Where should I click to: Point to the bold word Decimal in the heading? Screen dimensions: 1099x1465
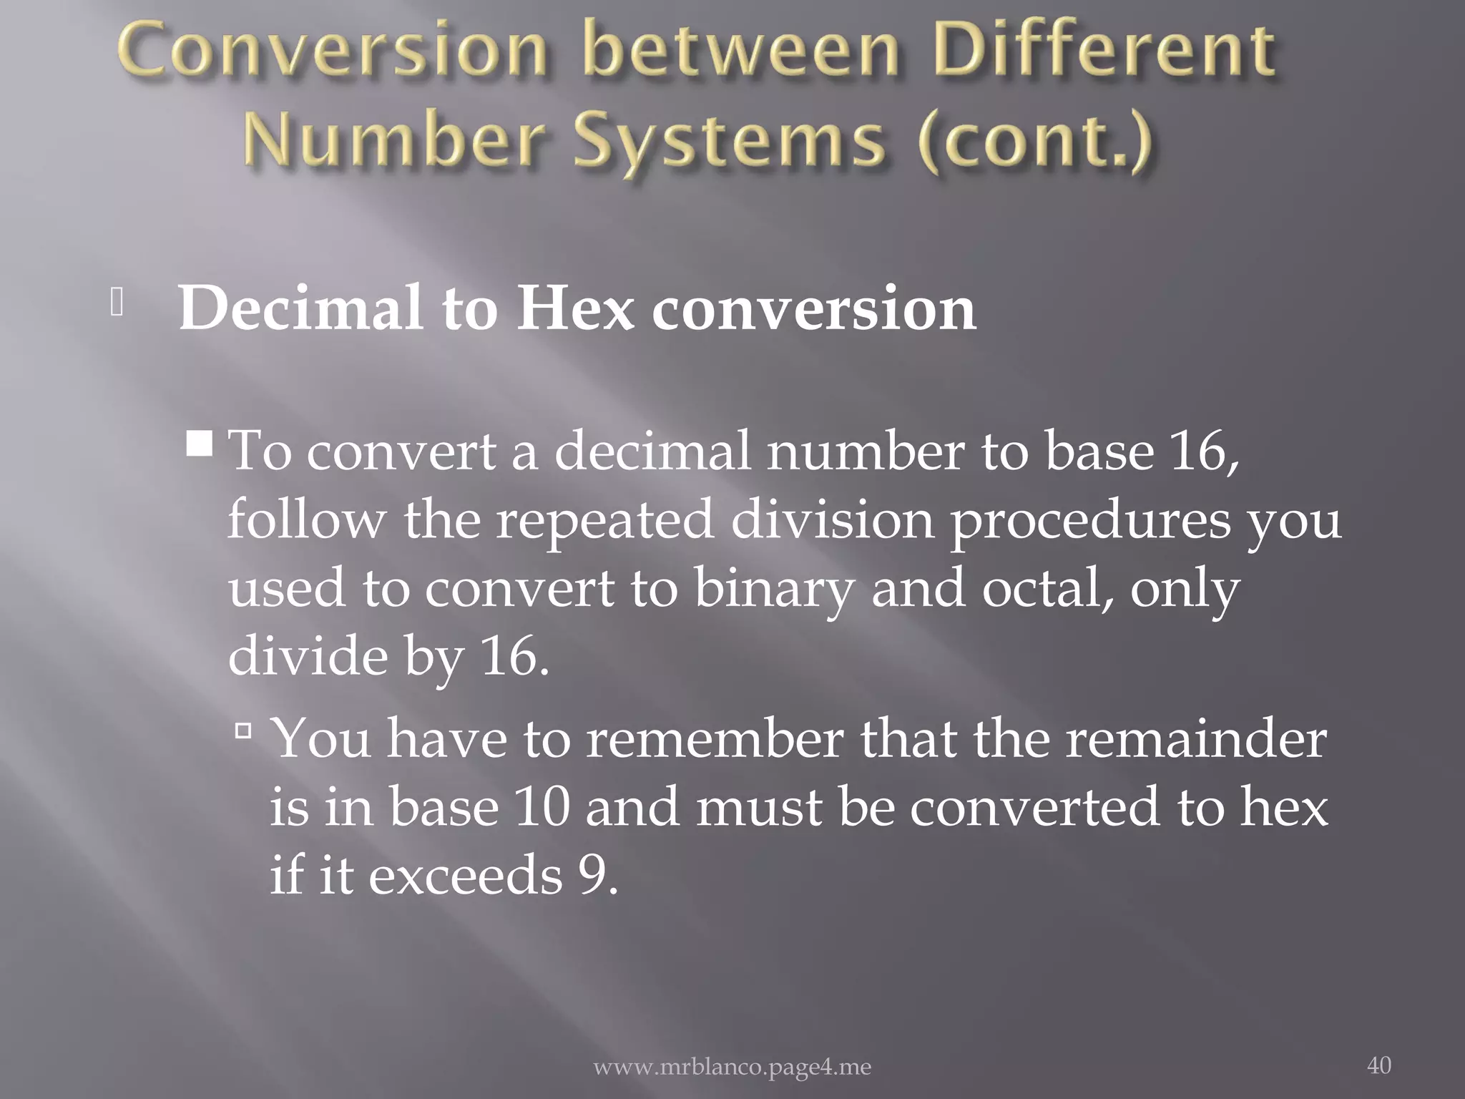[300, 309]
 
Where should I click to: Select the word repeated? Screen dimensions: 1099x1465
[605, 520]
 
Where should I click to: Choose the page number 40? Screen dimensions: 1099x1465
[1378, 1065]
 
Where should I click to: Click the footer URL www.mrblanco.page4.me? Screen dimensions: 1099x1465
[732, 1068]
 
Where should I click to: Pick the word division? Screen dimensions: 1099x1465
[832, 520]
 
